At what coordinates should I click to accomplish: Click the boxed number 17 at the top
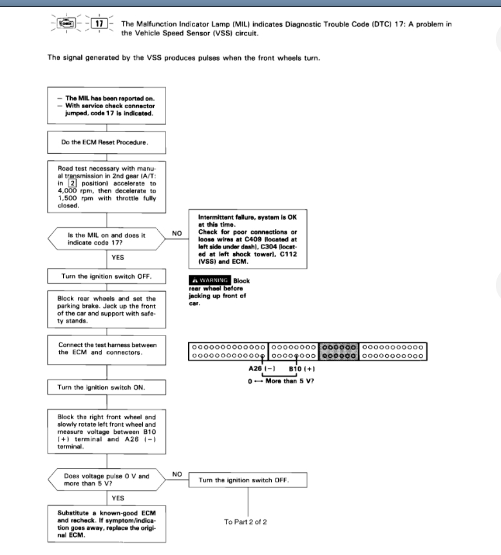pos(99,23)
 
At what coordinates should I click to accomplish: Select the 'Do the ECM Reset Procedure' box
pos(106,141)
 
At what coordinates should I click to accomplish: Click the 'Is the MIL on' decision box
pos(106,240)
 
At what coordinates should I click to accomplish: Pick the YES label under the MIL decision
pos(118,258)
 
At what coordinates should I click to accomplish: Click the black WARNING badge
pos(209,281)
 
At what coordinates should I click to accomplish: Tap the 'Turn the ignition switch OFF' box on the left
pos(106,276)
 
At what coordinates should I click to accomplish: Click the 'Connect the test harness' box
pos(106,348)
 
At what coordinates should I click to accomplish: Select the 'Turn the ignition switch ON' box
pos(106,388)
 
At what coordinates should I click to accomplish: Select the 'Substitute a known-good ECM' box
pos(106,525)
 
